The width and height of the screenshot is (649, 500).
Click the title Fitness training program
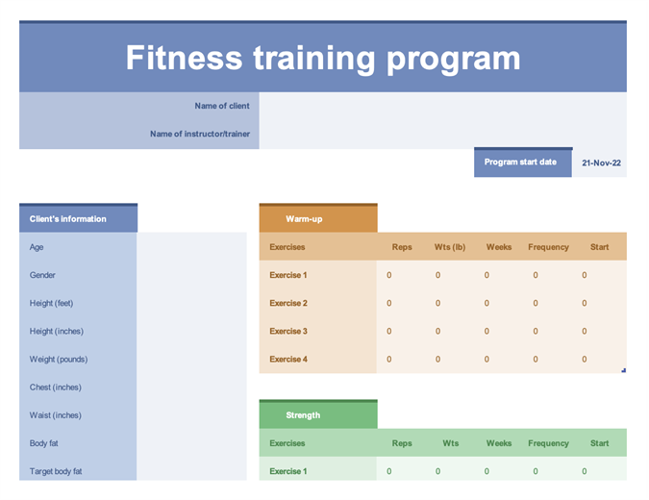pyautogui.click(x=323, y=58)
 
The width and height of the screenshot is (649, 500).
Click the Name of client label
pyautogui.click(x=222, y=106)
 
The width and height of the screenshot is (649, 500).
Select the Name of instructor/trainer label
pyautogui.click(x=200, y=134)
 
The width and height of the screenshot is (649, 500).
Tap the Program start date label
pyautogui.click(x=520, y=162)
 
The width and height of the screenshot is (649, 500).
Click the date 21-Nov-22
pyautogui.click(x=601, y=163)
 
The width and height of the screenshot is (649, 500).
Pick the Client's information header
pyautogui.click(x=68, y=219)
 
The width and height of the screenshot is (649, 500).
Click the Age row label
pyautogui.click(x=37, y=247)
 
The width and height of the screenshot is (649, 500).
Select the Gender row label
pyautogui.click(x=42, y=275)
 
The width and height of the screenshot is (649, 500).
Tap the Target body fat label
pyautogui.click(x=56, y=471)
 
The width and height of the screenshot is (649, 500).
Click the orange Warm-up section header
pyautogui.click(x=304, y=219)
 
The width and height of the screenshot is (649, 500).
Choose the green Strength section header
pyautogui.click(x=303, y=415)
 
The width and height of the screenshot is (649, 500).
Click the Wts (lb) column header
pyautogui.click(x=450, y=247)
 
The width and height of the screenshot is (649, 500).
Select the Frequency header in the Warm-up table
pyautogui.click(x=548, y=247)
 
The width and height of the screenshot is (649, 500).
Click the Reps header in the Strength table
pyautogui.click(x=402, y=443)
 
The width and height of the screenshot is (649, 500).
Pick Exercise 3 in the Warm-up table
pyautogui.click(x=288, y=331)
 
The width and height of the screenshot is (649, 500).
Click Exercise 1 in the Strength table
pyautogui.click(x=288, y=471)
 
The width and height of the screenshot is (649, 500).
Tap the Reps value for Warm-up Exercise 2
pyautogui.click(x=389, y=303)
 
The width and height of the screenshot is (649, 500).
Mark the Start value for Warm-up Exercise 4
pyautogui.click(x=584, y=360)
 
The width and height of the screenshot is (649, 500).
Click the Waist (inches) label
pyautogui.click(x=55, y=415)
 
